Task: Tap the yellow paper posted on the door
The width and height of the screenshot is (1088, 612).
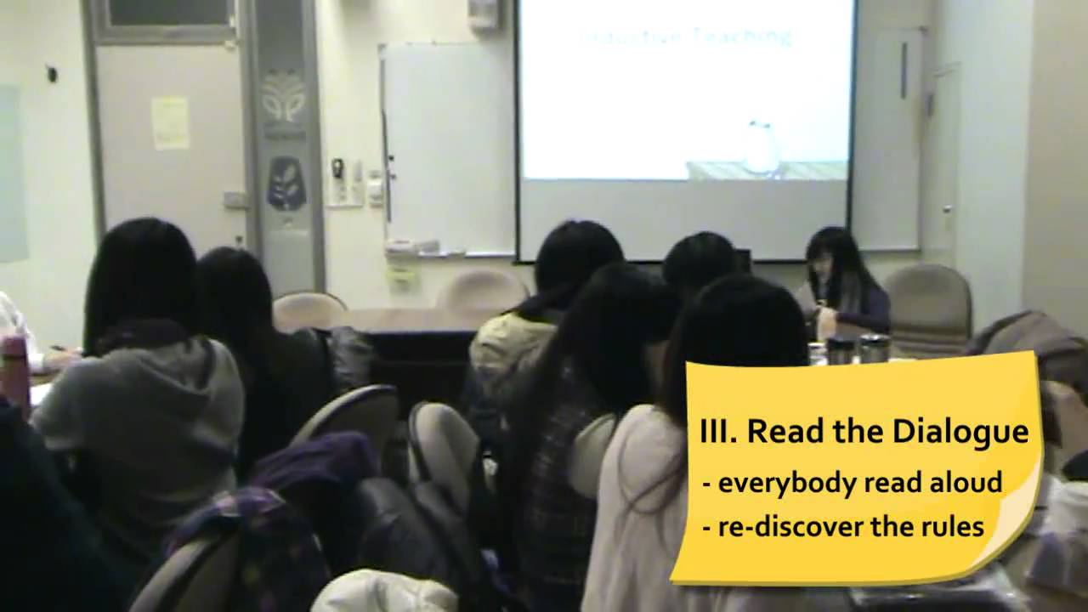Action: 170,122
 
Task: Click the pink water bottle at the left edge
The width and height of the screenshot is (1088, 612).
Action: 14,371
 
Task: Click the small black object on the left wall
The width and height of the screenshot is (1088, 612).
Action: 52,74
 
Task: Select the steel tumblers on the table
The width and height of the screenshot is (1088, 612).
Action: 857,348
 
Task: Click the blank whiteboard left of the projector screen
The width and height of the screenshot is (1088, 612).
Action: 447,144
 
